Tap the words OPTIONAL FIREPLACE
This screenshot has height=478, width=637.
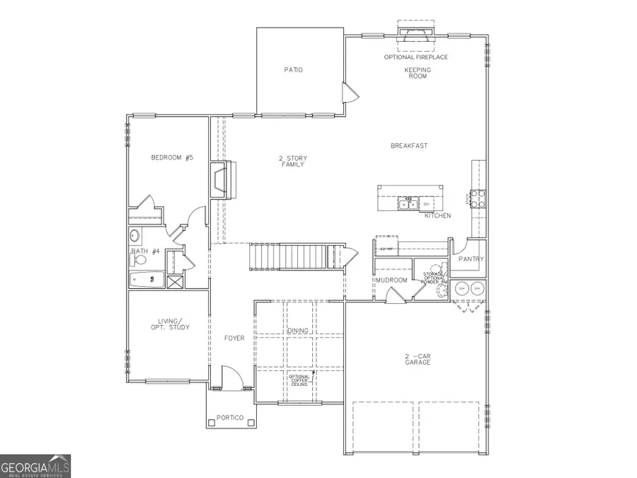415,57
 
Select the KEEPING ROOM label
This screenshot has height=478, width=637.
418,73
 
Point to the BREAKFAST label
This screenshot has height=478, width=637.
409,146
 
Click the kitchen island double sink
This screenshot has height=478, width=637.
407,205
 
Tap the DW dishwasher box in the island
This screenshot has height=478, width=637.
427,205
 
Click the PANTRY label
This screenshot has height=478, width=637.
471,259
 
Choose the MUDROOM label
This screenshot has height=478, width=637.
391,280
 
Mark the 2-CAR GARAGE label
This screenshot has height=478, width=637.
418,358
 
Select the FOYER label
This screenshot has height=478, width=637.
234,338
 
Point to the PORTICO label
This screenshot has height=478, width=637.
229,418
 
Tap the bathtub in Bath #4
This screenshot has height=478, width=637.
147,280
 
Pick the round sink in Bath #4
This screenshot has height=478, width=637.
135,236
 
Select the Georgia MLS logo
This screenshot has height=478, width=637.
35,467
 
